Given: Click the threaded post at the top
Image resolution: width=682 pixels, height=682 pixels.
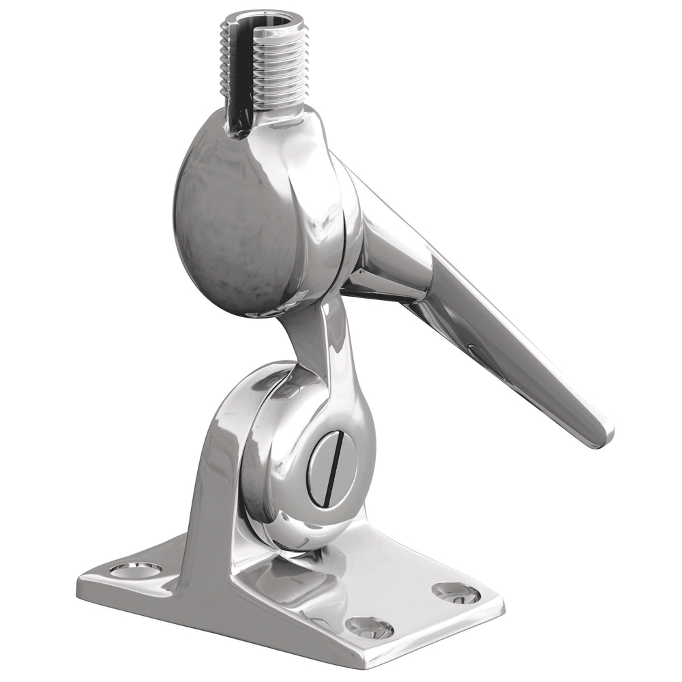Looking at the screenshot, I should click(x=269, y=65).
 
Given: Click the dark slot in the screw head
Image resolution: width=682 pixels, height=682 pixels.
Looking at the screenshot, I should click(x=330, y=471).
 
